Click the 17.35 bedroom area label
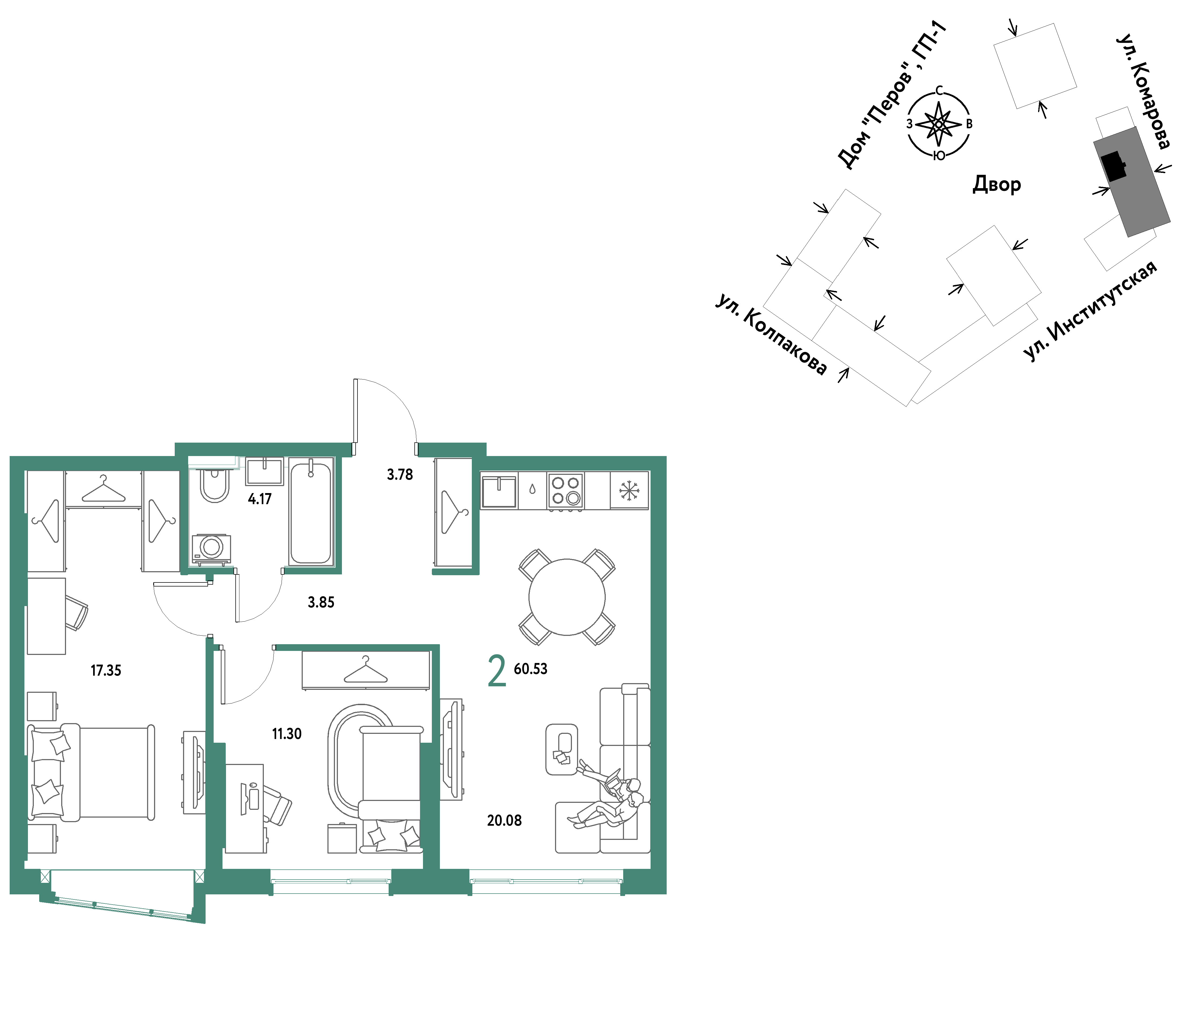point(106,670)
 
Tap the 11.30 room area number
point(286,733)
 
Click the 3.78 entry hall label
point(400,474)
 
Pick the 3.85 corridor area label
point(321,602)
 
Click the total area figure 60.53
point(531,668)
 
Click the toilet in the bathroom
point(214,485)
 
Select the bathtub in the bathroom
point(311,512)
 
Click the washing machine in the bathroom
point(211,548)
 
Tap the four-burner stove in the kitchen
point(565,490)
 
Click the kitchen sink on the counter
point(499,491)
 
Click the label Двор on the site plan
point(997,184)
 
